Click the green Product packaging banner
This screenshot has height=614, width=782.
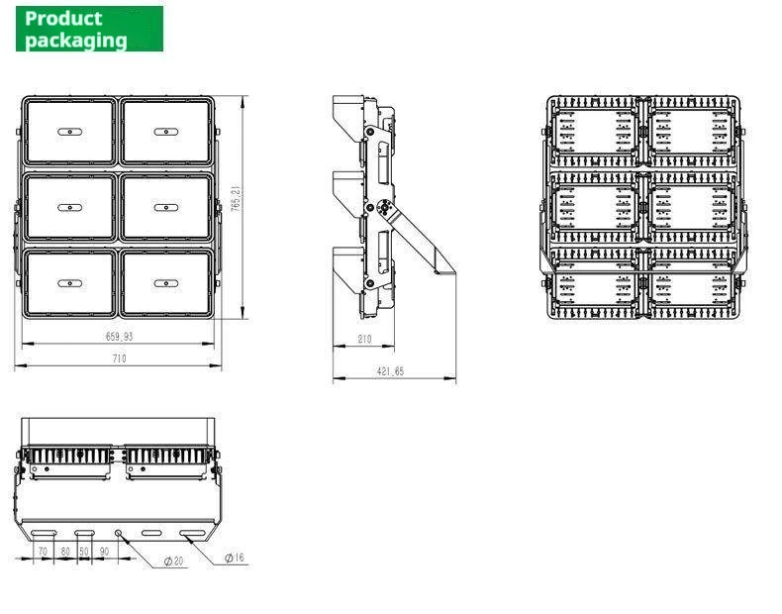[x=89, y=29]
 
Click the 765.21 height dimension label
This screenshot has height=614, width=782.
[x=236, y=198]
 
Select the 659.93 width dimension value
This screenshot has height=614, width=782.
[x=119, y=337]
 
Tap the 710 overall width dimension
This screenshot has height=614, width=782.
[x=119, y=358]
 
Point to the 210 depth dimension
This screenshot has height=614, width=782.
[x=364, y=339]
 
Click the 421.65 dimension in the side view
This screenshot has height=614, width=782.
[x=390, y=371]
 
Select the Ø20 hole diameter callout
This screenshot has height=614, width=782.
[x=173, y=562]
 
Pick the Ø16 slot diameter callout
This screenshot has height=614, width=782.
[x=235, y=558]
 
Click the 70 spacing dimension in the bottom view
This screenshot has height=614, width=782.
[x=43, y=552]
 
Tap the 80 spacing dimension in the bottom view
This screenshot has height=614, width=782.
[x=65, y=552]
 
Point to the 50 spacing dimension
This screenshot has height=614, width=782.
[x=84, y=552]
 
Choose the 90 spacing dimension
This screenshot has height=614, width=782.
[x=104, y=552]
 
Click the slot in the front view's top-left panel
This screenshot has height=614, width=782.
[x=70, y=132]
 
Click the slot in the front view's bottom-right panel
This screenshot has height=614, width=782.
[x=166, y=283]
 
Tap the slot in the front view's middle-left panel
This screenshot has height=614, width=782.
[x=70, y=208]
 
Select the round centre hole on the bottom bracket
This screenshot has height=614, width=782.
[x=118, y=533]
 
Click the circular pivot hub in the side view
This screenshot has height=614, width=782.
[x=385, y=208]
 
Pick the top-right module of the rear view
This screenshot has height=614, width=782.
[x=693, y=131]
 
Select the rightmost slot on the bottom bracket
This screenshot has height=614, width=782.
[x=193, y=533]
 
